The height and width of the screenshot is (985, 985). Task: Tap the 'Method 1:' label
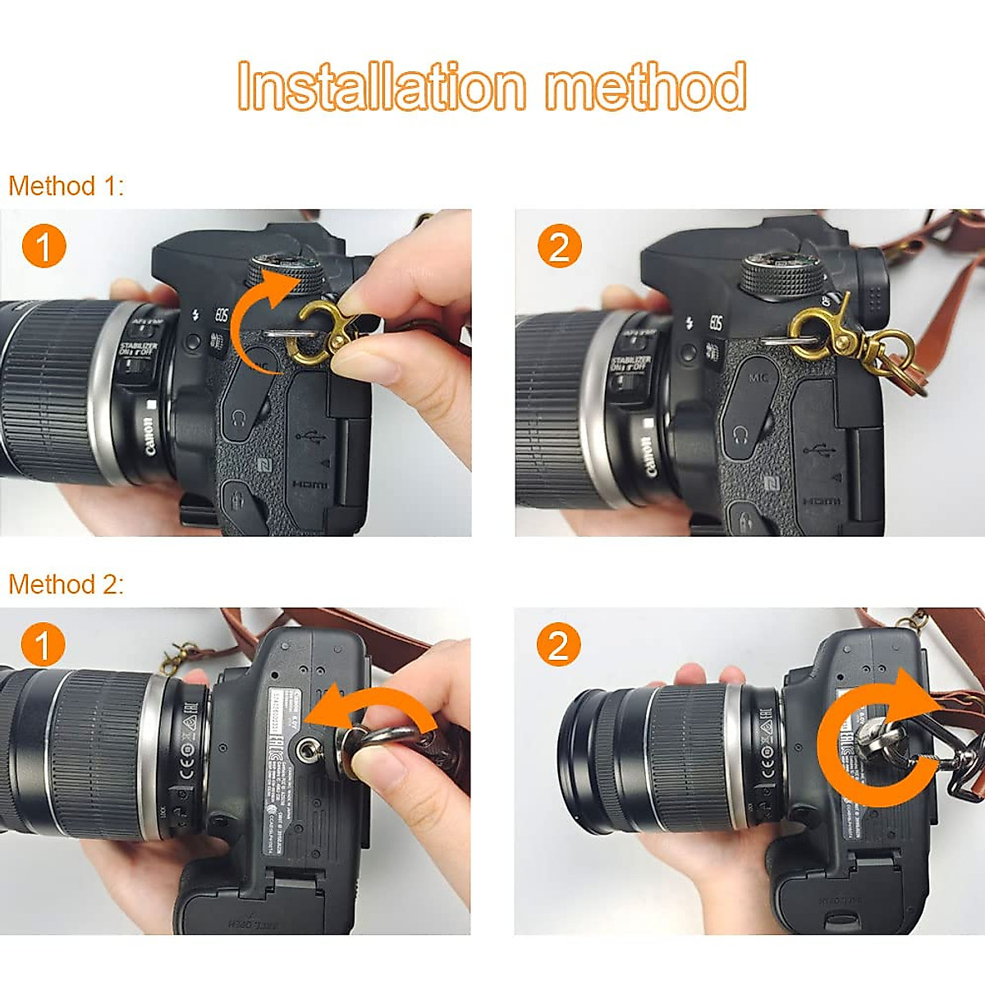66,186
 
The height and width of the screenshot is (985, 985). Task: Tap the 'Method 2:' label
66,584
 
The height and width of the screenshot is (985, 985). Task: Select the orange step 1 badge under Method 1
44,246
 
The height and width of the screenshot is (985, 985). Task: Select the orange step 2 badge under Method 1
559,246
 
